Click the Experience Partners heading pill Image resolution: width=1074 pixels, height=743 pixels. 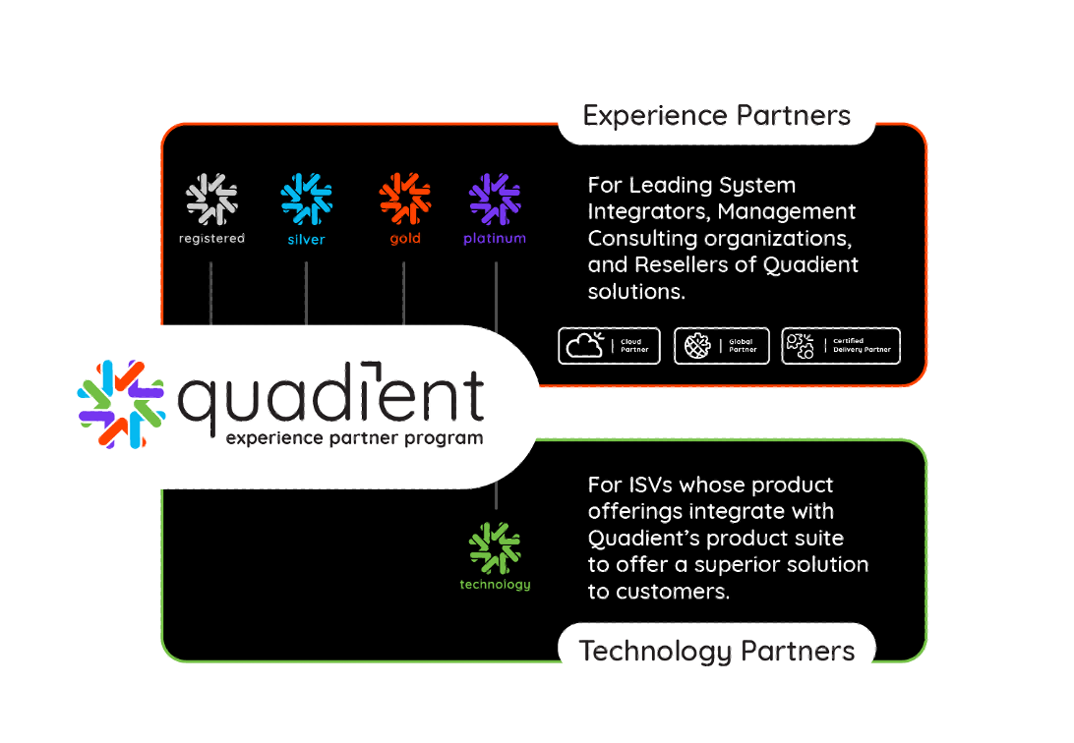pos(716,117)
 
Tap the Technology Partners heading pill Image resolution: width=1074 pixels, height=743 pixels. pos(716,651)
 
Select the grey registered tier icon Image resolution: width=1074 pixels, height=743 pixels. pos(211,199)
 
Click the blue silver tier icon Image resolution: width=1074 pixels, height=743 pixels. pos(306,199)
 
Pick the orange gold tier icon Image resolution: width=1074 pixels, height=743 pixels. pos(404,199)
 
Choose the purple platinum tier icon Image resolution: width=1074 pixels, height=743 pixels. pos(495,199)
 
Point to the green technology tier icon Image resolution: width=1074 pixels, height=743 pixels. pos(495,548)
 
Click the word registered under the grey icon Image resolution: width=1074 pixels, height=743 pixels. pos(211,239)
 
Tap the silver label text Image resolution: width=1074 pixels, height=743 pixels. pos(306,239)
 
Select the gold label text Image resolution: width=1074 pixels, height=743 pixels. pos(404,239)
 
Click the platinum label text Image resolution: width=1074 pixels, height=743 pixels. pos(495,239)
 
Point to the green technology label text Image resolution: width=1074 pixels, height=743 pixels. pos(495,585)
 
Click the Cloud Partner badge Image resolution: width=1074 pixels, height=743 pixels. pos(609,346)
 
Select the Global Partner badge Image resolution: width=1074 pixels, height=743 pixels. pos(721,346)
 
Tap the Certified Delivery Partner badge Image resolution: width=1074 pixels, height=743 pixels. pos(840,346)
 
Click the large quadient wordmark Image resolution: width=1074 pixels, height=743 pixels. pos(330,397)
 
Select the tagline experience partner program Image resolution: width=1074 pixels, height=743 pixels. pos(354,438)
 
